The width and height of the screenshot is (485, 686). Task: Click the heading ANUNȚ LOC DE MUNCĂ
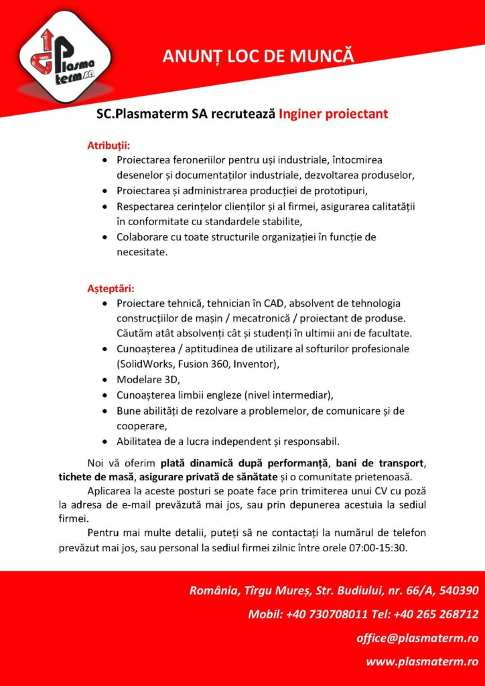point(257,56)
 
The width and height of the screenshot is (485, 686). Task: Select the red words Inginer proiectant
point(334,114)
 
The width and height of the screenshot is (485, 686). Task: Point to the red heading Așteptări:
point(111,289)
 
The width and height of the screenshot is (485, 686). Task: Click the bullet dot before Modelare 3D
point(105,380)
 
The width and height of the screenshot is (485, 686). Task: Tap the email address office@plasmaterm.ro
point(417,638)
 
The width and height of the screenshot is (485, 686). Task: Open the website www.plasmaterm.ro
point(421,662)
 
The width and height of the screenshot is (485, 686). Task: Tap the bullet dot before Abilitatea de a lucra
point(105,441)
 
